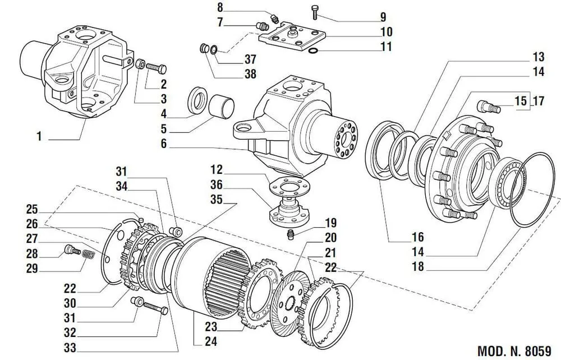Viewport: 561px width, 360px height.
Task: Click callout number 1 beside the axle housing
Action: click(39, 136)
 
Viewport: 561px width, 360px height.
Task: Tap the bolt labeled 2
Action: click(157, 68)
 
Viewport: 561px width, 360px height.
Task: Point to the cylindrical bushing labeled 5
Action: click(222, 106)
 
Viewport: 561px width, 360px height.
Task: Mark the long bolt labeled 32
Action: click(155, 308)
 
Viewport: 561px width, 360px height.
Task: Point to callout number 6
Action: click(163, 144)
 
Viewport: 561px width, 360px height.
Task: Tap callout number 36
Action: click(216, 184)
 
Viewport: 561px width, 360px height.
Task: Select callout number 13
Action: click(539, 57)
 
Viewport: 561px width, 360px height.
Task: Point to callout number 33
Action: click(70, 348)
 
